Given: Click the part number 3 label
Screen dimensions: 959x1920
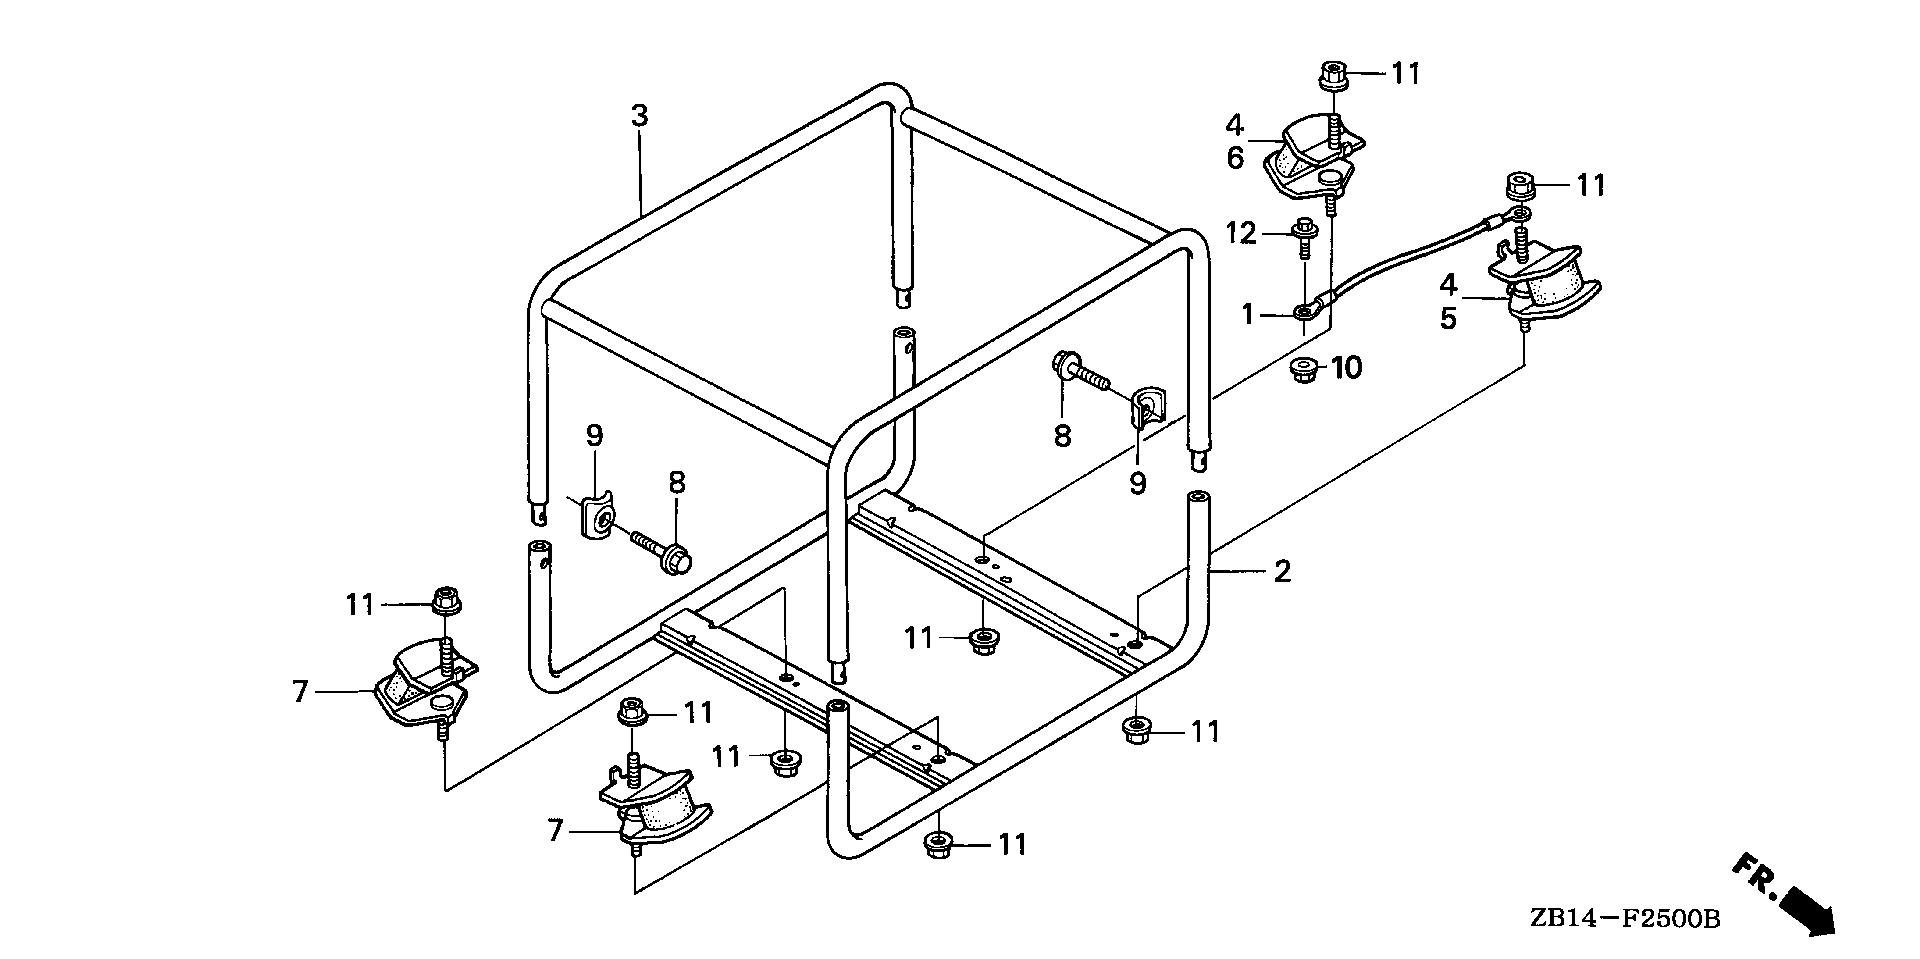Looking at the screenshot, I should [x=639, y=116].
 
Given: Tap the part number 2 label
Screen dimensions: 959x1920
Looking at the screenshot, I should [x=1282, y=572].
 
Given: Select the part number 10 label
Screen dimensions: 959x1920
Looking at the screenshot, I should [x=1346, y=368].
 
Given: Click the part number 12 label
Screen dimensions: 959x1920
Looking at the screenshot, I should [x=1240, y=234].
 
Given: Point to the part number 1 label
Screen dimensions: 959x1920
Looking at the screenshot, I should [x=1247, y=314].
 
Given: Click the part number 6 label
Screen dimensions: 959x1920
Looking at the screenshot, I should [x=1235, y=157].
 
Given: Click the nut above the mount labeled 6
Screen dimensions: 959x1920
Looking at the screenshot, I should [x=1334, y=73].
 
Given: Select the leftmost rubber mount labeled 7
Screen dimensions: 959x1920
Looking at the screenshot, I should [x=423, y=686].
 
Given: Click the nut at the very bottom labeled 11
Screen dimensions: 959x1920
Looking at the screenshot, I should [x=937, y=845].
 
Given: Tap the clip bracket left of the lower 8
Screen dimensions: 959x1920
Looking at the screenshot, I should [x=599, y=515].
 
